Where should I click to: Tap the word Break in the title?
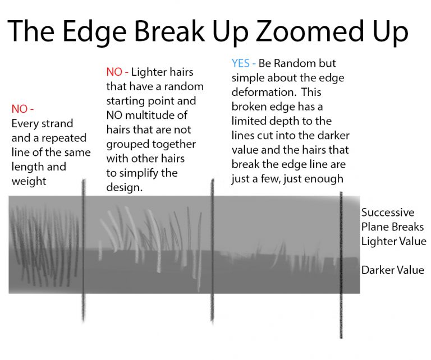169,31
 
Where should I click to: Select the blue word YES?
241,63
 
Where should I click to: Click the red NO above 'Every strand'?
19,109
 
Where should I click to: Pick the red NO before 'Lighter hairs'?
114,72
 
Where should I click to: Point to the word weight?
29,182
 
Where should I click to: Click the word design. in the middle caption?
124,187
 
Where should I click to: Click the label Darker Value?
392,270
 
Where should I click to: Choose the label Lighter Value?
393,242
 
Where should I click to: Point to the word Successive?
388,213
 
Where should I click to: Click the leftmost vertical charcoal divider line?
83,250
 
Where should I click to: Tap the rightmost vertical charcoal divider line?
341,265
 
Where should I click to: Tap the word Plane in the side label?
375,227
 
